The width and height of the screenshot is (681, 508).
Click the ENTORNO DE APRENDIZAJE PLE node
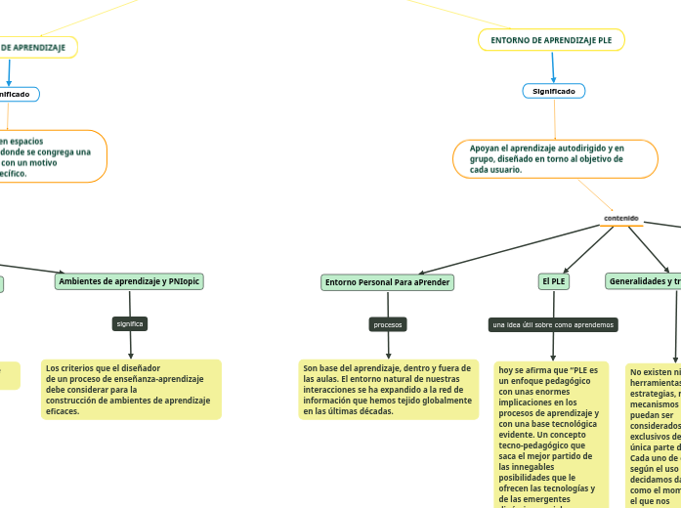[x=552, y=40]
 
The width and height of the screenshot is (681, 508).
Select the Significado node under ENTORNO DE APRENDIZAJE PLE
[x=553, y=91]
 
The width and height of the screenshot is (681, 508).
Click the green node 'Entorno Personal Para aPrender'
[x=388, y=282]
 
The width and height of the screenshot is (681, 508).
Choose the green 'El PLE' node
[x=553, y=281]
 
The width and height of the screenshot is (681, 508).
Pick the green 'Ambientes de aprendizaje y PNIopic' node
[x=130, y=281]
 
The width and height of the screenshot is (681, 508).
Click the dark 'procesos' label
[x=388, y=323]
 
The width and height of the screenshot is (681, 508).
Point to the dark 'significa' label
[x=130, y=322]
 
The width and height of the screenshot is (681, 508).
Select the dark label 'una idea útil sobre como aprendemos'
[x=553, y=323]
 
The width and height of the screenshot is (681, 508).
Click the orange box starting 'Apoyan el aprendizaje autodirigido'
[x=555, y=158]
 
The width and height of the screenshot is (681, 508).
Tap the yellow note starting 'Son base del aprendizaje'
[x=388, y=389]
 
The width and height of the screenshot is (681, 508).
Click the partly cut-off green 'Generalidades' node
[x=643, y=281]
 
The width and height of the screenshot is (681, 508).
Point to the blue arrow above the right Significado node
[x=553, y=67]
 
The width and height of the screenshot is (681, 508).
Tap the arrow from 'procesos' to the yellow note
[x=388, y=346]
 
